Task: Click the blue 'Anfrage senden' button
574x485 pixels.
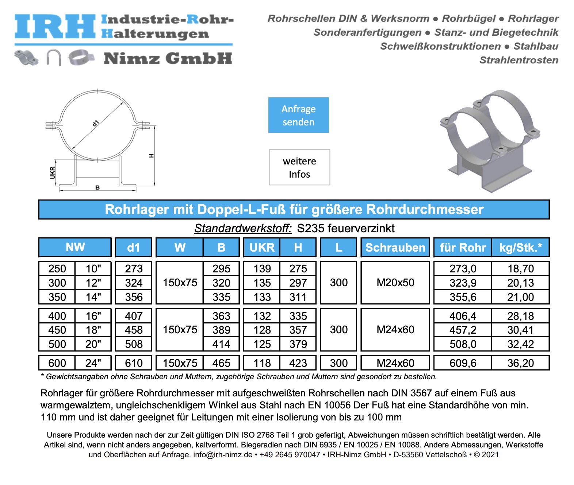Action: coord(298,115)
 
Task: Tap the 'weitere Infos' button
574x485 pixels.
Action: coord(299,167)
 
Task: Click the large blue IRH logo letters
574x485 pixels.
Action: coord(55,27)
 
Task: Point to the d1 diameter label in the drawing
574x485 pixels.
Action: coord(96,123)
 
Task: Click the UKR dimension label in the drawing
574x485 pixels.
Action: coord(53,172)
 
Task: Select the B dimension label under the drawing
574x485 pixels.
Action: coord(97,187)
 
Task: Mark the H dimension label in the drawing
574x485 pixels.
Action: coord(151,156)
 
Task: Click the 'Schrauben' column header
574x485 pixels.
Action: coord(395,248)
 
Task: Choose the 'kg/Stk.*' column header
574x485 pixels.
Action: coord(520,248)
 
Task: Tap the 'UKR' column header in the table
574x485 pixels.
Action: coord(262,248)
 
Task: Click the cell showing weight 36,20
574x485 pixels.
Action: coord(520,363)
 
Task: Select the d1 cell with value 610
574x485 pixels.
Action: coord(134,363)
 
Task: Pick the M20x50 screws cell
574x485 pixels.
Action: coord(395,283)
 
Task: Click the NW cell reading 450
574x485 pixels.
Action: coord(57,330)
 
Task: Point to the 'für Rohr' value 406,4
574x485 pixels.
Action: coord(463,316)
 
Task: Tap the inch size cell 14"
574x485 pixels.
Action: coord(93,297)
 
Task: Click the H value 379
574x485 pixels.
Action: coord(298,344)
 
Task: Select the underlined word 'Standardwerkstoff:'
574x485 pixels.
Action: coord(243,228)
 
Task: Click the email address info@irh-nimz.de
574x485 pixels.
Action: coord(223,455)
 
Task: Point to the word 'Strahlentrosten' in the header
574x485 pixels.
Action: coord(518,60)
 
